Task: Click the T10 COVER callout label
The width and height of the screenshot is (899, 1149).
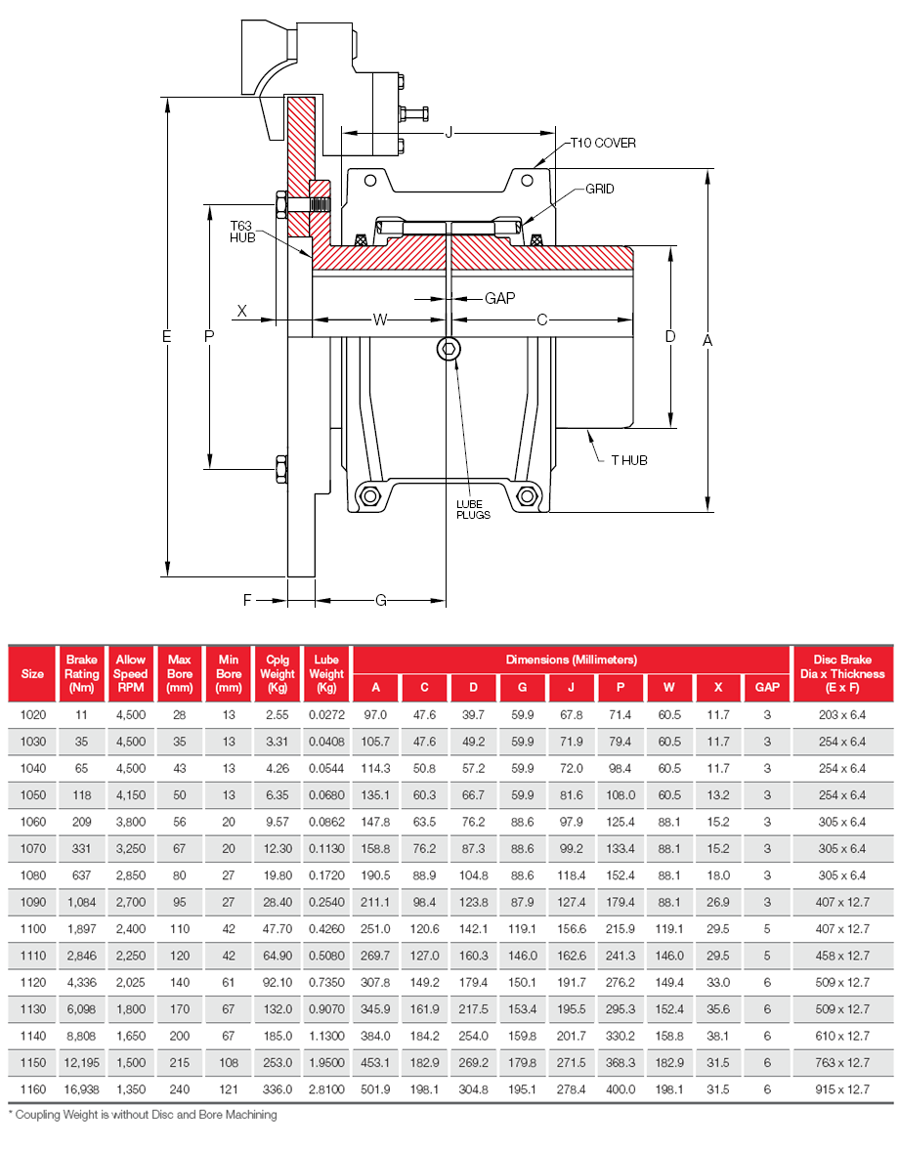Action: [603, 143]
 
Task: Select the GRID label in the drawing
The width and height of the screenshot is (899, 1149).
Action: [600, 189]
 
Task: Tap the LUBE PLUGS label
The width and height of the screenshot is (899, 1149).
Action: [473, 509]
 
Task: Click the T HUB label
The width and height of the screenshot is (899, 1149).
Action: [629, 460]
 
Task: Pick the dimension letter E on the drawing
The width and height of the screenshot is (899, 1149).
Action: [167, 336]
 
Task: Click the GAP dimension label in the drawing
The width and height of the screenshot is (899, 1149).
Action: [499, 298]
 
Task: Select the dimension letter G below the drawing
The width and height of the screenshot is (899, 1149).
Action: [381, 600]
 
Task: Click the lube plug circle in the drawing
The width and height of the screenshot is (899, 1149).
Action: [449, 351]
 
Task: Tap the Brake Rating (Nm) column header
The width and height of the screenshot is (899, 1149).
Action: [82, 674]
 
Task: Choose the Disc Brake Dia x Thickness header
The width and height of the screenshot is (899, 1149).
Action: [841, 674]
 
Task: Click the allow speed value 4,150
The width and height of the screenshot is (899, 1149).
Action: [131, 794]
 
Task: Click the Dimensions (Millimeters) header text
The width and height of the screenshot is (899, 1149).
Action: [571, 660]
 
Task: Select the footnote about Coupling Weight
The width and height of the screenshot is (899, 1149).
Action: [143, 1114]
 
